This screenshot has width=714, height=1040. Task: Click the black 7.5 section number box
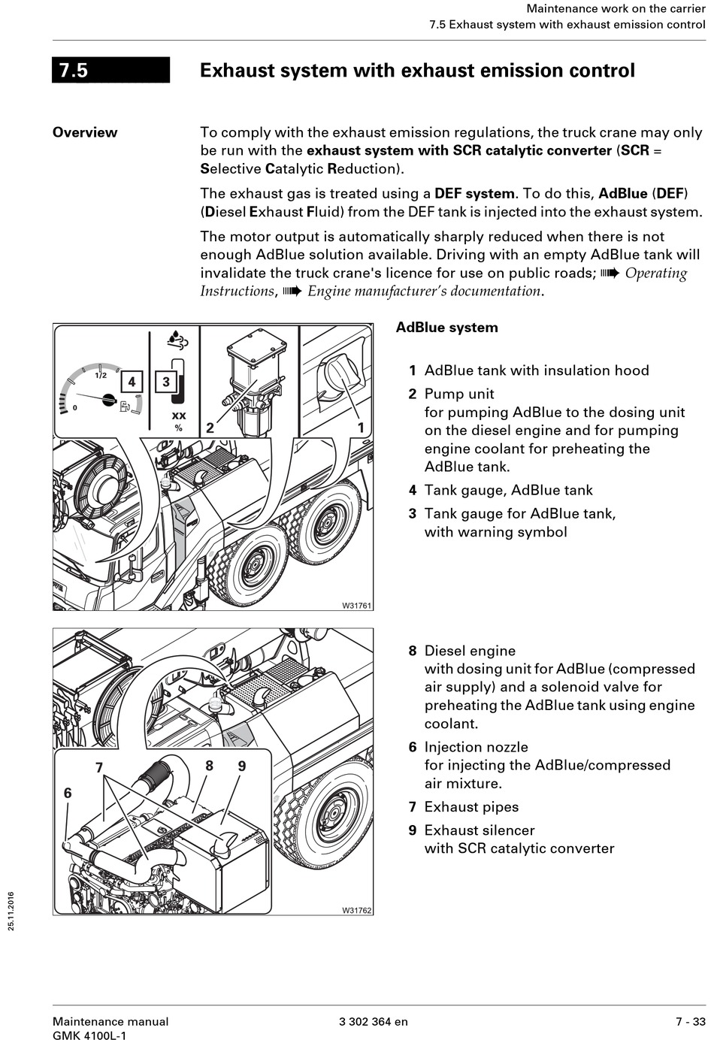click(x=110, y=70)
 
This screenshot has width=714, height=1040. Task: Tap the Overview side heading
click(x=85, y=132)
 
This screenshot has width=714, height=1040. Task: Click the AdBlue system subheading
click(x=446, y=328)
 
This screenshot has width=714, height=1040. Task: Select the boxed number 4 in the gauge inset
click(x=132, y=382)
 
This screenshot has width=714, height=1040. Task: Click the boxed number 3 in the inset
click(x=165, y=382)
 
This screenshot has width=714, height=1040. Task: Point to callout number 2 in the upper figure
click(x=210, y=428)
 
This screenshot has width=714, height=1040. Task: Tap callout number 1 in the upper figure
click(x=361, y=428)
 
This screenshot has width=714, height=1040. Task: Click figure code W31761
click(x=357, y=605)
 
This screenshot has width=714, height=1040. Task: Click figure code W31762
click(x=357, y=910)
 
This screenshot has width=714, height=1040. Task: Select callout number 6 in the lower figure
click(x=68, y=793)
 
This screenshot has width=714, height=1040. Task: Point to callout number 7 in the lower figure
click(x=98, y=767)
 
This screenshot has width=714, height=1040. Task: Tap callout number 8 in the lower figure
click(x=209, y=766)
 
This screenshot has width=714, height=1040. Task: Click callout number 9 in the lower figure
click(x=242, y=766)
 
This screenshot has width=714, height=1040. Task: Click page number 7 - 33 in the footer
click(x=690, y=1021)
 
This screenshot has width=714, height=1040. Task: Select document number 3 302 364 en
click(x=374, y=1021)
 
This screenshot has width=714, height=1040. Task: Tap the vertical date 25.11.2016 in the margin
click(x=11, y=911)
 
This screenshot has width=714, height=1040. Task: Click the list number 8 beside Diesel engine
click(x=413, y=651)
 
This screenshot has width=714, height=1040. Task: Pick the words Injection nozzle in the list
click(x=476, y=747)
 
